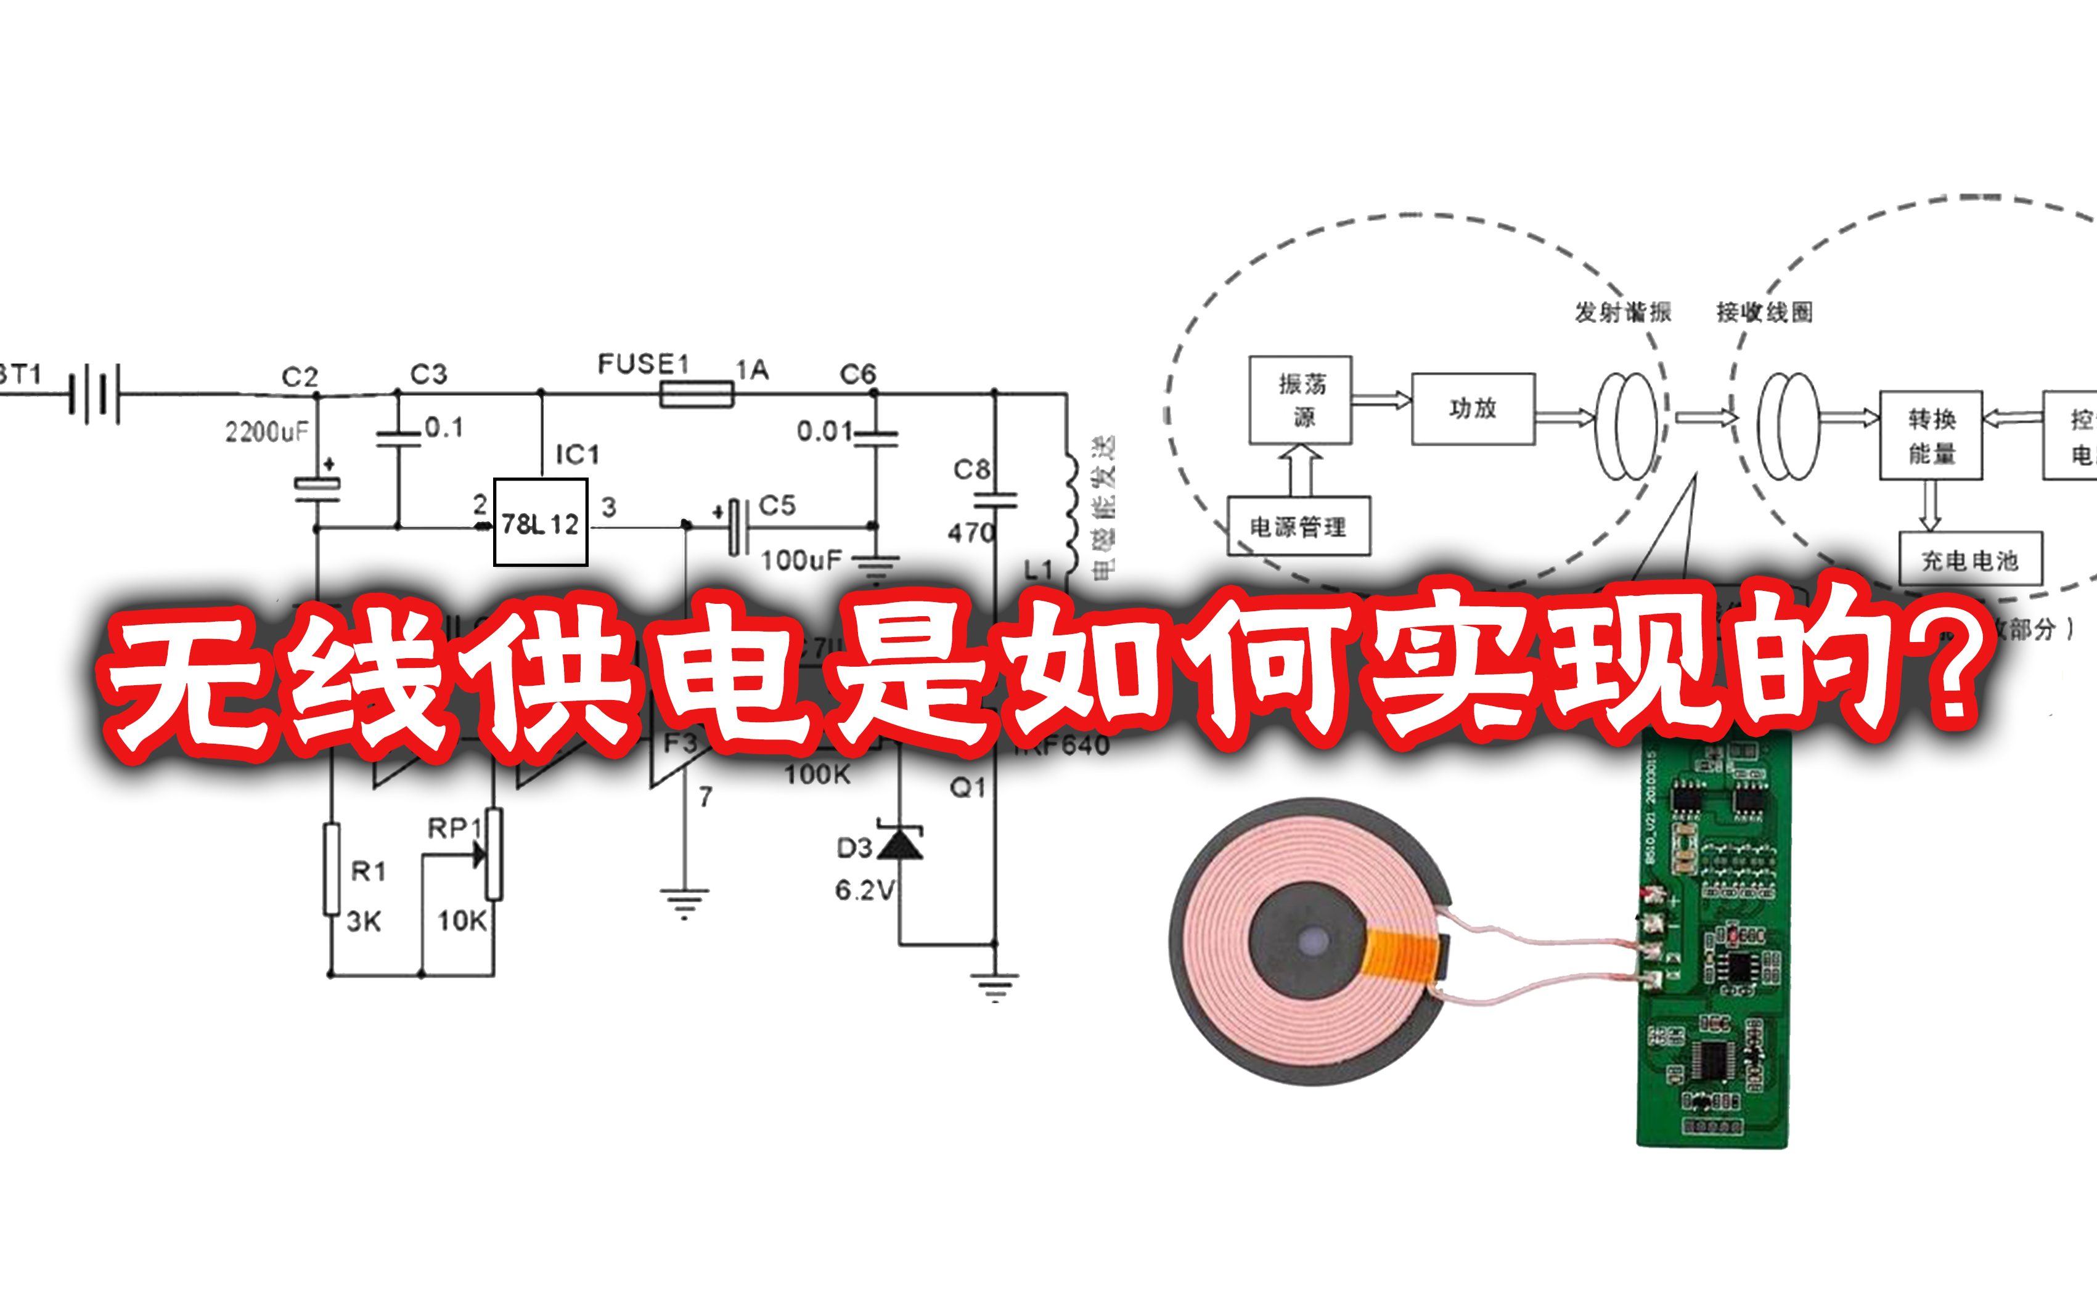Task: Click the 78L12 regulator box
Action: coord(540,523)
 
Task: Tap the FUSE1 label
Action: coord(643,365)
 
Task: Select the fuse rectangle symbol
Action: coord(697,395)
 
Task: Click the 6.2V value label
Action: coord(864,890)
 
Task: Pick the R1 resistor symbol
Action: coord(331,869)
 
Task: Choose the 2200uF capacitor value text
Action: coord(267,431)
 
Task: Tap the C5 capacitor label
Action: coord(777,505)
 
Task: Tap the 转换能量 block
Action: coord(1931,435)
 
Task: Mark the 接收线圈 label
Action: coord(1764,312)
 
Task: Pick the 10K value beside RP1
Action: coord(462,920)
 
